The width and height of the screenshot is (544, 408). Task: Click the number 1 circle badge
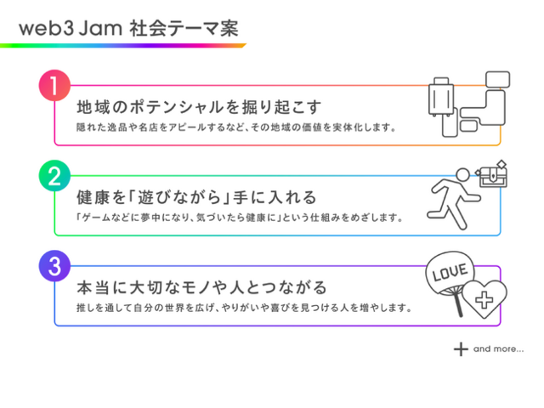tap(54, 85)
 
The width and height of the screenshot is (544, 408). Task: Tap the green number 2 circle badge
tap(54, 176)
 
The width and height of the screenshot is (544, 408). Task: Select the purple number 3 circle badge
tap(54, 266)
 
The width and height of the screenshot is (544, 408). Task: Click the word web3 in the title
tap(47, 28)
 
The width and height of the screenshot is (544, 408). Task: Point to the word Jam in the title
tap(100, 28)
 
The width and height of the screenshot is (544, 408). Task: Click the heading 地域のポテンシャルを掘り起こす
tap(199, 107)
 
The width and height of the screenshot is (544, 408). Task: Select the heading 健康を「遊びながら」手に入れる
tap(196, 197)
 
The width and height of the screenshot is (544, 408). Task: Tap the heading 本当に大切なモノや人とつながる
tap(201, 287)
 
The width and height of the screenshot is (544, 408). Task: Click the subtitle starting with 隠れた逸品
tap(236, 127)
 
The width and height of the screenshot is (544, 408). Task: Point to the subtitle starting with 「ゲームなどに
tap(240, 218)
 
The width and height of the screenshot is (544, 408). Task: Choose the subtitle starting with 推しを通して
tap(244, 308)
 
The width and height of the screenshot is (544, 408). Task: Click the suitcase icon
tap(441, 96)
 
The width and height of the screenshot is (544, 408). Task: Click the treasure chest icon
tap(492, 174)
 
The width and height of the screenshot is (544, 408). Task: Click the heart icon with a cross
tap(484, 299)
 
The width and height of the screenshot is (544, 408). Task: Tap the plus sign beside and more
tap(461, 349)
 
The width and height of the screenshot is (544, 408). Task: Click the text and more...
tap(499, 348)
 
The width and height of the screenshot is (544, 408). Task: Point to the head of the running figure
tap(462, 175)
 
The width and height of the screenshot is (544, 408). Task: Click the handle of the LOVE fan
tap(457, 304)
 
